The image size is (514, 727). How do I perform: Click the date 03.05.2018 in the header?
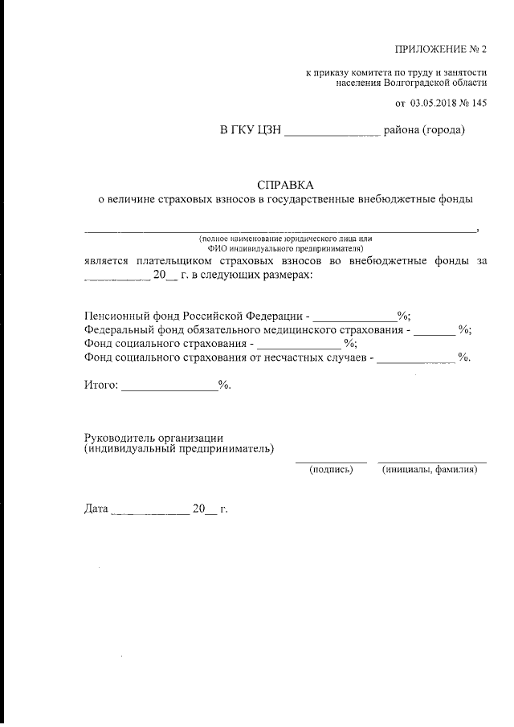point(439,103)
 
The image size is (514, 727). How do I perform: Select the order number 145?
point(479,103)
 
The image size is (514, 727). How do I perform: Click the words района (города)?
point(425,129)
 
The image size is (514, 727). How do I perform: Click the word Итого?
point(100,386)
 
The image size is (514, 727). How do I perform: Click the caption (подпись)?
point(331,470)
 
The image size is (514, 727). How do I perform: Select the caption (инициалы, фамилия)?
point(432,470)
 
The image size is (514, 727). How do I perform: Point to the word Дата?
point(96,508)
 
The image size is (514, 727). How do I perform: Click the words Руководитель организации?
point(153,437)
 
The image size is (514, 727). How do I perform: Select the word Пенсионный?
point(118,316)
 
